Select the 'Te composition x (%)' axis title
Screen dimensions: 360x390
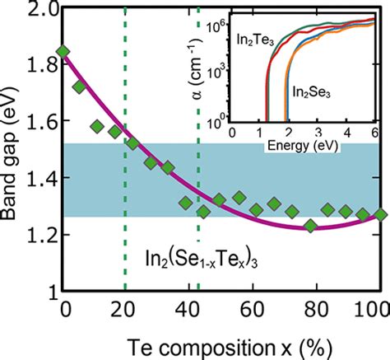[221, 343]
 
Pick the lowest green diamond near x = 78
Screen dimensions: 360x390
[310, 226]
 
